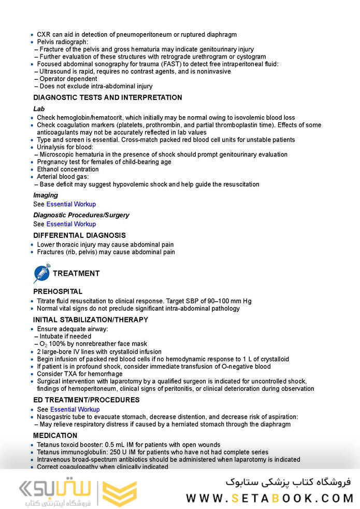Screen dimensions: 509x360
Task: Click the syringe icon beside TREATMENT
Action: pyautogui.click(x=42, y=273)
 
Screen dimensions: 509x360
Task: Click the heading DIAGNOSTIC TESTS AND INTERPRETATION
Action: pyautogui.click(x=108, y=97)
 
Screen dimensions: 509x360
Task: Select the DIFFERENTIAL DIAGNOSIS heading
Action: pyautogui.click(x=79, y=235)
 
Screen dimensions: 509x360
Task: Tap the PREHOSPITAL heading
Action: pyautogui.click(x=57, y=292)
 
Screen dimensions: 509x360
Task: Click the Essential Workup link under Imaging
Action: pyautogui.click(x=71, y=204)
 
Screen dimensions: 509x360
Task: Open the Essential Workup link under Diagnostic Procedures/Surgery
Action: pyautogui.click(x=71, y=224)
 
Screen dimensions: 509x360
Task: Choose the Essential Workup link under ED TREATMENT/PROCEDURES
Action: pyautogui.click(x=75, y=409)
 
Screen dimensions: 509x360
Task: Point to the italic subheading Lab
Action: pyautogui.click(x=39, y=109)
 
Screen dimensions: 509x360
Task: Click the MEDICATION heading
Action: pyautogui.click(x=55, y=435)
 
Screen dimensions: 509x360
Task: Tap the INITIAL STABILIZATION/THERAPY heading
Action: pyautogui.click(x=91, y=320)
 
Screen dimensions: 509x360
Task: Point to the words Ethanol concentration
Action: pyautogui.click(x=67, y=169)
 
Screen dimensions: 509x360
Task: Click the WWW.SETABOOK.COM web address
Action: pyautogui.click(x=269, y=498)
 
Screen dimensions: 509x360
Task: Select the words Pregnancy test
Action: pyautogui.click(x=59, y=162)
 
